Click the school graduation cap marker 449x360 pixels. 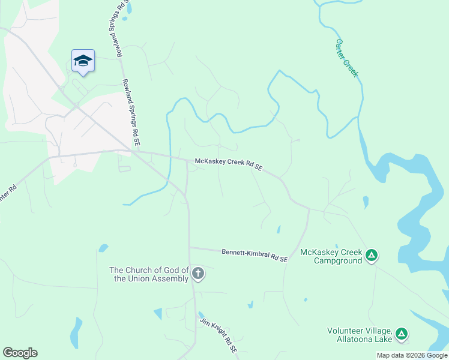coord(83,61)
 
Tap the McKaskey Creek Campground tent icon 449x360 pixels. coord(372,256)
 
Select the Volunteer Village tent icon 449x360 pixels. coord(402,333)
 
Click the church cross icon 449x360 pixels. coord(198,274)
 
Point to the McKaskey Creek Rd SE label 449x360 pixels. coord(229,164)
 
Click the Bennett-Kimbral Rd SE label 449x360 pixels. coord(255,255)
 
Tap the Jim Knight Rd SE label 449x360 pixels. coord(219,336)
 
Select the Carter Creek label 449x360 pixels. coord(347,58)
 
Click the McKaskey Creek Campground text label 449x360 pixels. coord(331,256)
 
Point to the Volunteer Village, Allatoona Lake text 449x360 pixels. coord(359,335)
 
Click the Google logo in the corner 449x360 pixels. coord(20,353)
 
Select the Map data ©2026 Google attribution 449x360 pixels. coord(412,355)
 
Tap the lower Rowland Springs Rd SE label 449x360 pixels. coord(131,113)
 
